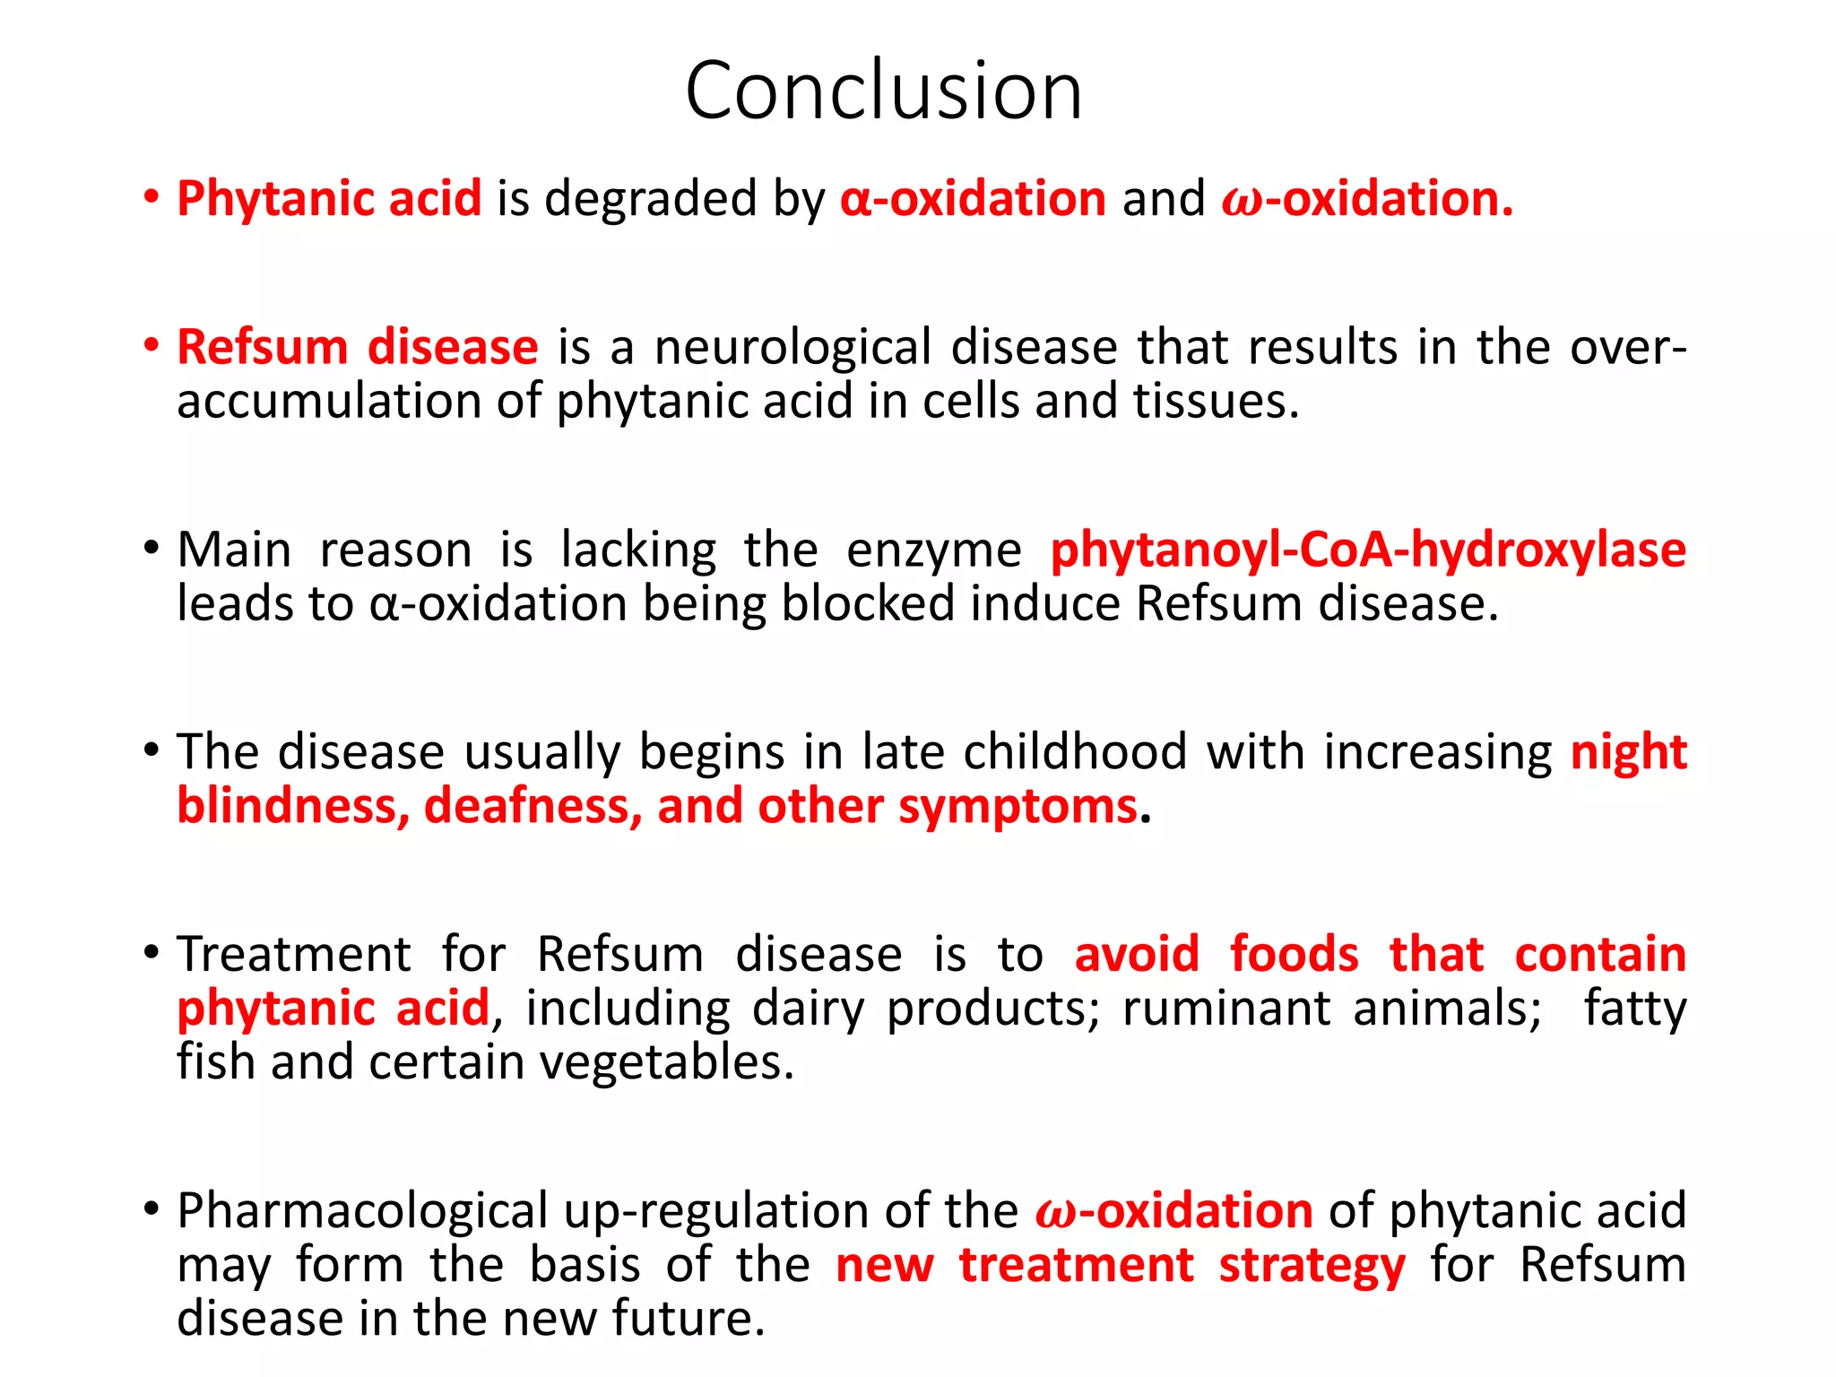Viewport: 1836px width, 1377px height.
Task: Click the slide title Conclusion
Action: (884, 91)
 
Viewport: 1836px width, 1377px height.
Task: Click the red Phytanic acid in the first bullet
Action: (329, 198)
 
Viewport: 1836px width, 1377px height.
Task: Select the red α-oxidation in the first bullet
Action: (973, 198)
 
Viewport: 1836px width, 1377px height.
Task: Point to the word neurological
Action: (793, 348)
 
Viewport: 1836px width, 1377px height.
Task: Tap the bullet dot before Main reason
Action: (152, 548)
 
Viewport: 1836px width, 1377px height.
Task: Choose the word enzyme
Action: (933, 550)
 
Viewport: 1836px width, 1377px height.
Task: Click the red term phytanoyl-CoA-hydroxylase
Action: (1368, 550)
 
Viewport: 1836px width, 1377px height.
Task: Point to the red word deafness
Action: (533, 806)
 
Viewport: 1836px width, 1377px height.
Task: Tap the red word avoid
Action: (1137, 954)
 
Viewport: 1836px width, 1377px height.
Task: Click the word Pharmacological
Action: (362, 1211)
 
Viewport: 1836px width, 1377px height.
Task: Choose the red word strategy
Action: (1312, 1266)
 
